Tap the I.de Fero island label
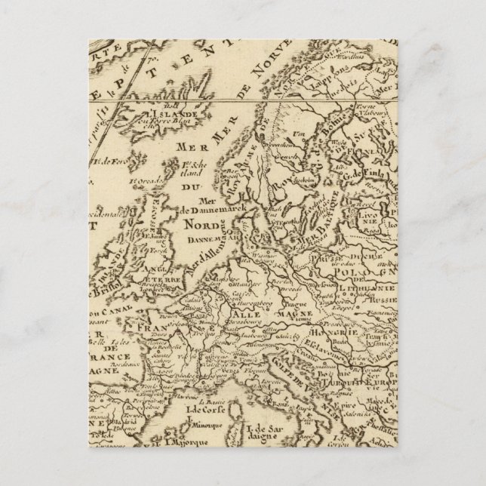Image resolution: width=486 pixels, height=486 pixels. (x=113, y=160)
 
